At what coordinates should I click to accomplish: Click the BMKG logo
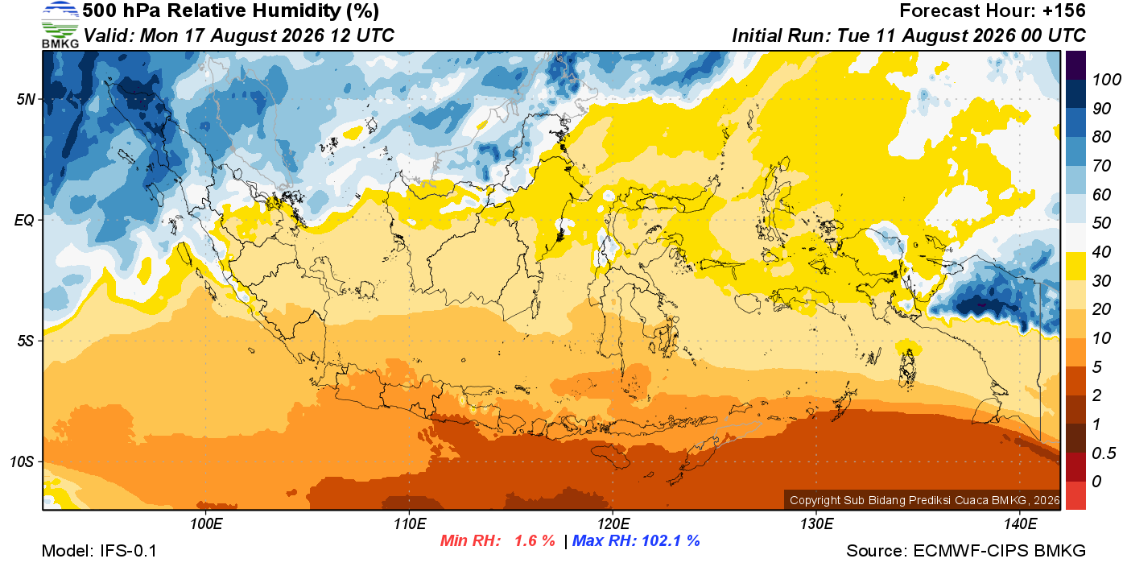(60, 25)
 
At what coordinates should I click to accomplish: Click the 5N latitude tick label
(26, 99)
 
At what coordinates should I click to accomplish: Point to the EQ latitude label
(25, 220)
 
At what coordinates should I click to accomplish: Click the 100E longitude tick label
(206, 523)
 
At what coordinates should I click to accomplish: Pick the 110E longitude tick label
(410, 523)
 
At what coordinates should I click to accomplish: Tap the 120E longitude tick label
(613, 523)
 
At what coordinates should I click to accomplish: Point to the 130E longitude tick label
(816, 523)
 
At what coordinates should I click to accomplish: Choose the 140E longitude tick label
(1021, 523)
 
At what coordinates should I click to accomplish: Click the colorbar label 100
(1106, 80)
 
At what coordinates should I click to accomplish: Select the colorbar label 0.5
(1104, 453)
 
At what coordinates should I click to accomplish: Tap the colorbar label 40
(1101, 252)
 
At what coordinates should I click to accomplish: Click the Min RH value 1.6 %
(535, 540)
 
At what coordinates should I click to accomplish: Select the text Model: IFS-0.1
(99, 551)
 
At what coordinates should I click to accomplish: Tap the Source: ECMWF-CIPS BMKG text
(966, 551)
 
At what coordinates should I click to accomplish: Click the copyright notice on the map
(924, 500)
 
